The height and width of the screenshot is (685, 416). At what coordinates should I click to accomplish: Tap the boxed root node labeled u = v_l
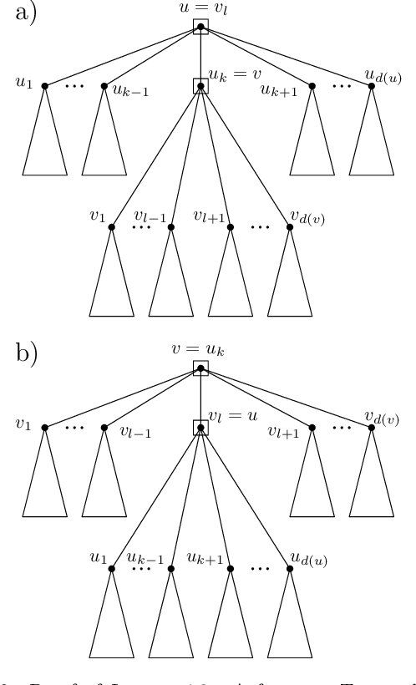[x=200, y=27]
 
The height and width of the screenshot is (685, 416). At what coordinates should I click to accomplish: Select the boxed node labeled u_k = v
[x=200, y=85]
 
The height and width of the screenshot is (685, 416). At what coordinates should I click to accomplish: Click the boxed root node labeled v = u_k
[x=200, y=368]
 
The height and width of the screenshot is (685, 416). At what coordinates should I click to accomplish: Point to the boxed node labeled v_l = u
[x=200, y=428]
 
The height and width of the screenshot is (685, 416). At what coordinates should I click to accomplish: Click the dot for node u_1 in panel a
[x=45, y=85]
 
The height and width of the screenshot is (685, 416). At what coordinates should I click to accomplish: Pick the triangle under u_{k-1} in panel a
[x=104, y=142]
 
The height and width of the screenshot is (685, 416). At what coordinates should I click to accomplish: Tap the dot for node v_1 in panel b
[x=45, y=428]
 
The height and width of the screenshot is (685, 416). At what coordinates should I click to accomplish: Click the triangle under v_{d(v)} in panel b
[x=373, y=485]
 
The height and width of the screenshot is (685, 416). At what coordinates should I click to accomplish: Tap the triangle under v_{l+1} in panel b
[x=312, y=485]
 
